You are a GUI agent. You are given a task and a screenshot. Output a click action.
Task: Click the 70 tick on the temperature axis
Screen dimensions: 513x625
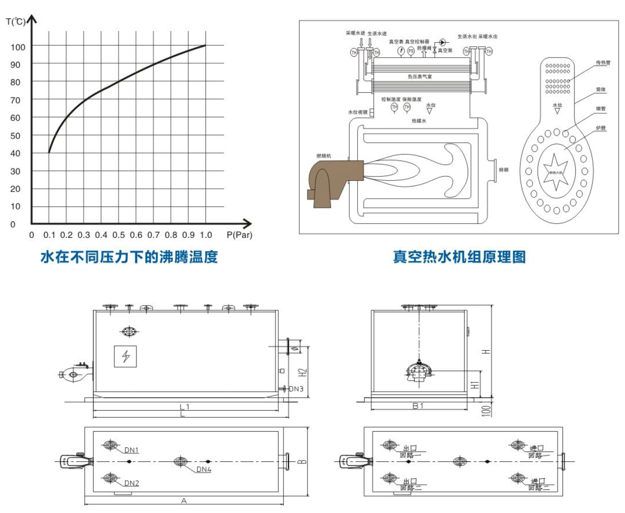[x=15, y=100]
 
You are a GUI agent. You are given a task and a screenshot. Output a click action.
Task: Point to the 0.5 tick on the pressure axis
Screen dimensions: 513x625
[x=119, y=235]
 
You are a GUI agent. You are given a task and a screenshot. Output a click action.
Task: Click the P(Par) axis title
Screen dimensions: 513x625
[x=239, y=235]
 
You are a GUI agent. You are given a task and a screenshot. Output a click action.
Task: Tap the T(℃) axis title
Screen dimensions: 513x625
[x=15, y=22]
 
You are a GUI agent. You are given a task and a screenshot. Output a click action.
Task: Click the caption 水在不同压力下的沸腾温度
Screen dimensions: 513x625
[x=129, y=257]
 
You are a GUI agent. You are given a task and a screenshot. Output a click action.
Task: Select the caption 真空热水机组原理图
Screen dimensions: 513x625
[x=459, y=257]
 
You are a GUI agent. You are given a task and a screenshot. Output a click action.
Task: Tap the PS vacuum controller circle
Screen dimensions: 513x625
[x=411, y=51]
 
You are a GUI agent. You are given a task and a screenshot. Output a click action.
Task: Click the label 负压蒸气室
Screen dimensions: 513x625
[x=420, y=76]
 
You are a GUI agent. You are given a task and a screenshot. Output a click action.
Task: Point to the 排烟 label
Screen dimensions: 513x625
[x=503, y=170]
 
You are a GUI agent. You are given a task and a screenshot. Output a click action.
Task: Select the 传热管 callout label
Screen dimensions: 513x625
[x=603, y=63]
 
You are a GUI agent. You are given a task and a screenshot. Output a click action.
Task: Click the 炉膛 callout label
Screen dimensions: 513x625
[x=601, y=128]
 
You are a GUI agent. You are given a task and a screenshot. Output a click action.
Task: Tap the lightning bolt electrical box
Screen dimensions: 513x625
[x=125, y=356]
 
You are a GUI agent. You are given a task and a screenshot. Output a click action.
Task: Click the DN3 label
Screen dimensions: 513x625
[x=296, y=389]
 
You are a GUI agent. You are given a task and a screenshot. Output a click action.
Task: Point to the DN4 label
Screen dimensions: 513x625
[x=204, y=469]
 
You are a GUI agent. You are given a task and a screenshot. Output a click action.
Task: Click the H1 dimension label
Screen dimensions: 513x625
[x=475, y=385]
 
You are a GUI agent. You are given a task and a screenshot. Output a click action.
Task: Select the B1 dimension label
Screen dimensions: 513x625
[x=418, y=406]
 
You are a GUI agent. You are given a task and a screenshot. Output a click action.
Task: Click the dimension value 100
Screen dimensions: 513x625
[x=486, y=410]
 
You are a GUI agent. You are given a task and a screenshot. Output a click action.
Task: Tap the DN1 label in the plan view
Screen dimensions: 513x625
[x=131, y=450]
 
